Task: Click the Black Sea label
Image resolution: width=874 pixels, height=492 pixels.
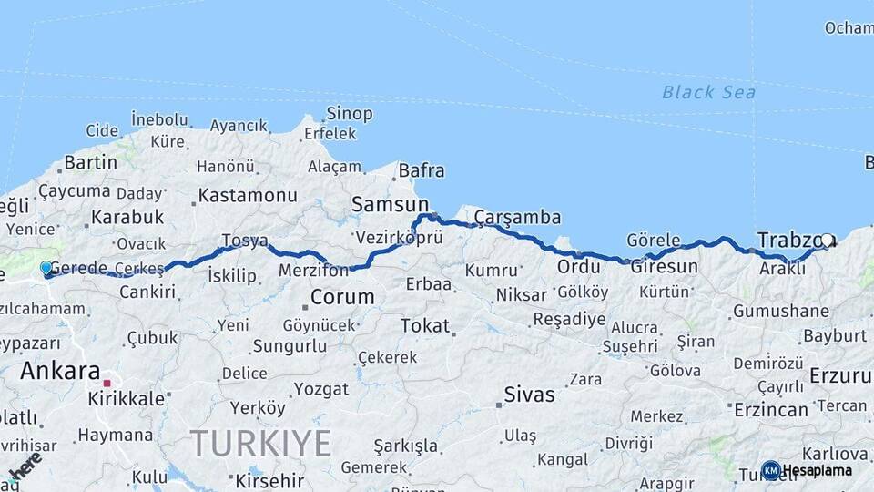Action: [x=708, y=92]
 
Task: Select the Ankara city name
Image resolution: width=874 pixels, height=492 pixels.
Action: [x=59, y=371]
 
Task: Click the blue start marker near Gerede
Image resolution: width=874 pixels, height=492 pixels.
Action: [x=46, y=268]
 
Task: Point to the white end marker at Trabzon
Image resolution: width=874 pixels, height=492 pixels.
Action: [x=826, y=241]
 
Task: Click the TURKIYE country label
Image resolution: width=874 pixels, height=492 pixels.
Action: [x=261, y=444]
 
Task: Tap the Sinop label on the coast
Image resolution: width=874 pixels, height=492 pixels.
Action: [x=350, y=114]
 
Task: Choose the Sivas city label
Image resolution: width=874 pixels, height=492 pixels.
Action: [x=530, y=395]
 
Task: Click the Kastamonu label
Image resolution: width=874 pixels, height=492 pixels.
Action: [x=248, y=195]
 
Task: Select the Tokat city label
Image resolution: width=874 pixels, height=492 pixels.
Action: [x=425, y=325]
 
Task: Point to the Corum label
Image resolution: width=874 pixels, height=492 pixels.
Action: [x=342, y=297]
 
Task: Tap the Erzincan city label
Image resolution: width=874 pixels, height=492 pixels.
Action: [x=770, y=410]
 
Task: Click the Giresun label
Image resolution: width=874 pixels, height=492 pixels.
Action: [x=665, y=267]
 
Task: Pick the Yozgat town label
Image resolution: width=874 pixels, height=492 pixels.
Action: [x=320, y=389]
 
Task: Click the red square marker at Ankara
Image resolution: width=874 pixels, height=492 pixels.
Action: [x=107, y=384]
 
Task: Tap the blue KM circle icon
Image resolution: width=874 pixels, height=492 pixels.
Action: [x=770, y=470]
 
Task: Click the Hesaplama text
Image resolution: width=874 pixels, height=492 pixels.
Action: [x=818, y=470]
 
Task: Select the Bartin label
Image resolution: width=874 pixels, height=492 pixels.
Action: [x=91, y=162]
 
